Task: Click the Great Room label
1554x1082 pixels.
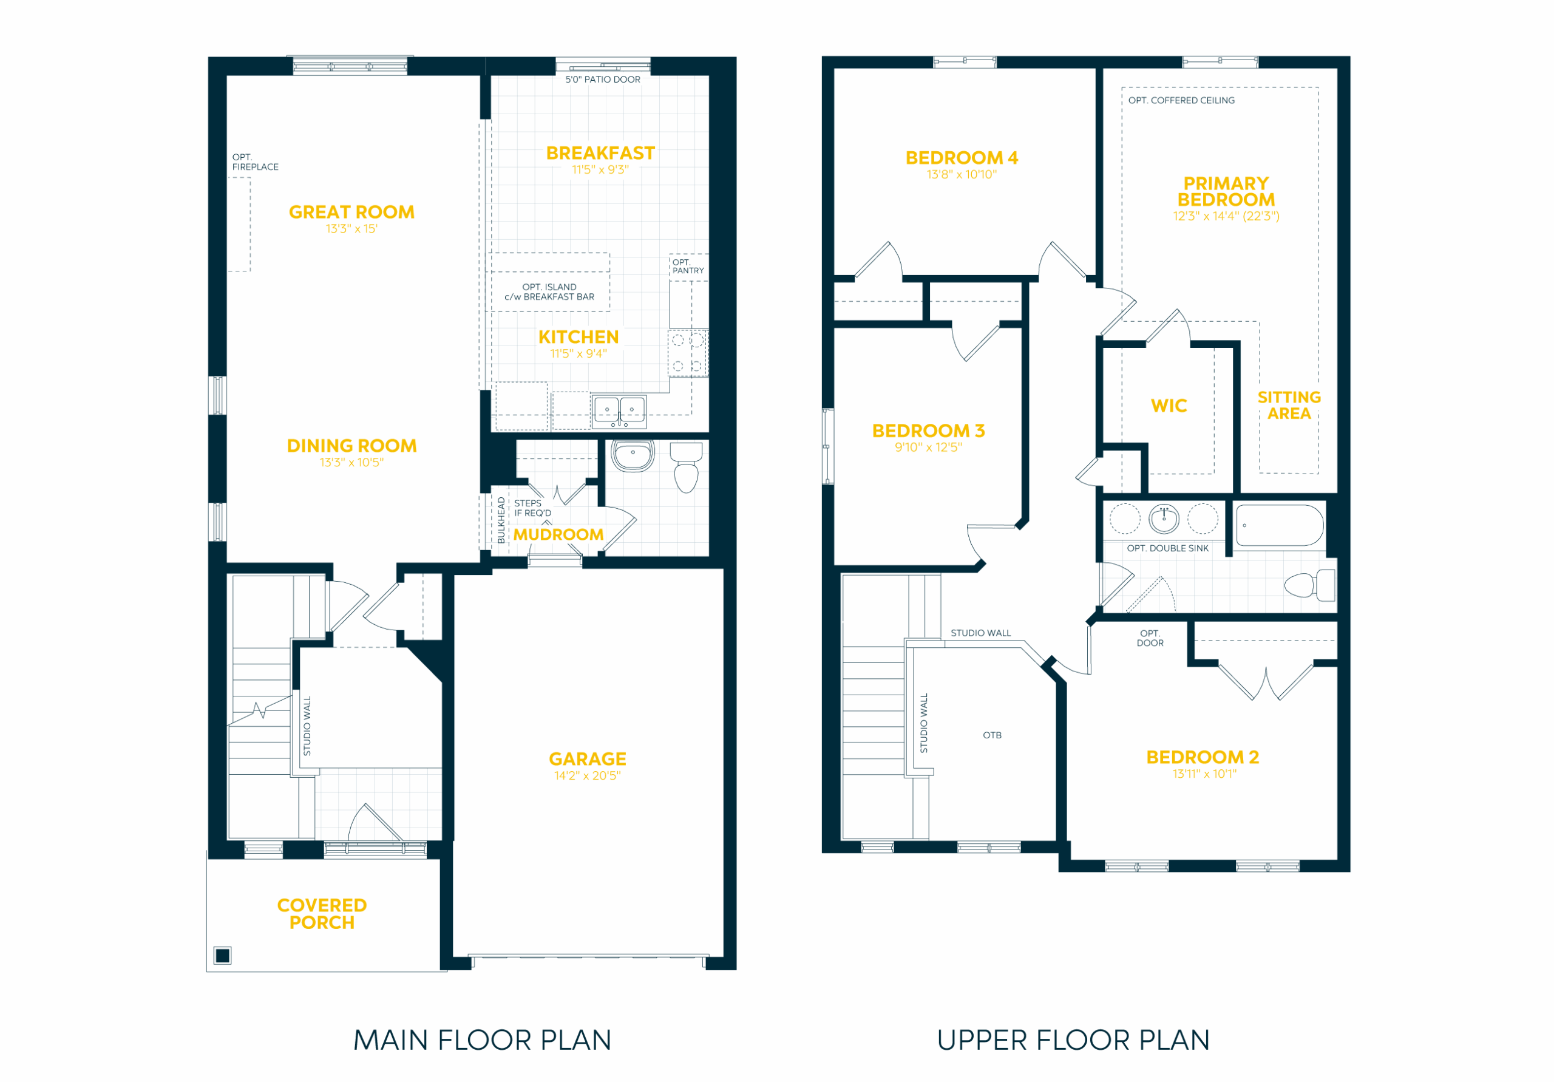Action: click(x=351, y=212)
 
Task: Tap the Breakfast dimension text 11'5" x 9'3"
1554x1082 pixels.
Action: click(x=600, y=169)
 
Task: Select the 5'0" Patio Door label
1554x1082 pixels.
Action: click(x=602, y=79)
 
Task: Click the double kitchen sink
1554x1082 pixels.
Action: click(x=619, y=412)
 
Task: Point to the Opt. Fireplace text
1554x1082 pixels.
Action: click(x=255, y=162)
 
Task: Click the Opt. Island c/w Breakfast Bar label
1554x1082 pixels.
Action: click(x=549, y=292)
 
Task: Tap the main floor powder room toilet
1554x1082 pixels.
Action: click(x=687, y=467)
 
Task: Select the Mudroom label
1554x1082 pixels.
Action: click(x=558, y=534)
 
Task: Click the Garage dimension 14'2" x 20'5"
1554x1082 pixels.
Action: click(x=588, y=775)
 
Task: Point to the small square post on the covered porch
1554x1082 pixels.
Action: click(x=223, y=955)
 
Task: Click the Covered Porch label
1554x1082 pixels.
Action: click(x=322, y=913)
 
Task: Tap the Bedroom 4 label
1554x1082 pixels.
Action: click(x=962, y=158)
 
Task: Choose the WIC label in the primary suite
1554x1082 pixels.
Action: click(x=1169, y=406)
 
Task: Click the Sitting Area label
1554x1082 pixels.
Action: click(x=1289, y=405)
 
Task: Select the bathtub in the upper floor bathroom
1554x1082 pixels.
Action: click(x=1279, y=525)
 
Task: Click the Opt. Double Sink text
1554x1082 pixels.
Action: click(x=1167, y=548)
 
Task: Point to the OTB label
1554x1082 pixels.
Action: click(x=992, y=735)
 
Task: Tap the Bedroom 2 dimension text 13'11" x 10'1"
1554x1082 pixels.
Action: click(x=1204, y=774)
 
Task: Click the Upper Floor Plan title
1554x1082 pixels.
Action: click(x=1073, y=1040)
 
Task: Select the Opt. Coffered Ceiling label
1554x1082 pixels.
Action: click(x=1181, y=100)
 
